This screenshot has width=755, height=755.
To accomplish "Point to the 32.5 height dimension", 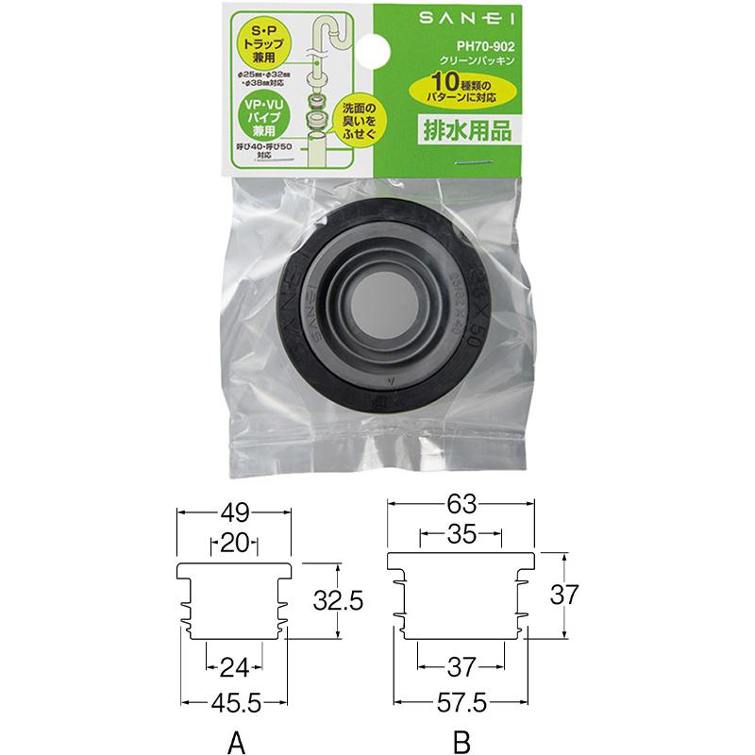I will [339, 600].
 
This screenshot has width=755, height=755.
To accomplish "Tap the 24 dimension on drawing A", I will [233, 668].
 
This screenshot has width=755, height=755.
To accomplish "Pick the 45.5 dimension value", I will [233, 702].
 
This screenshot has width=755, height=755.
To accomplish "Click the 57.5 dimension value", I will [461, 702].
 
